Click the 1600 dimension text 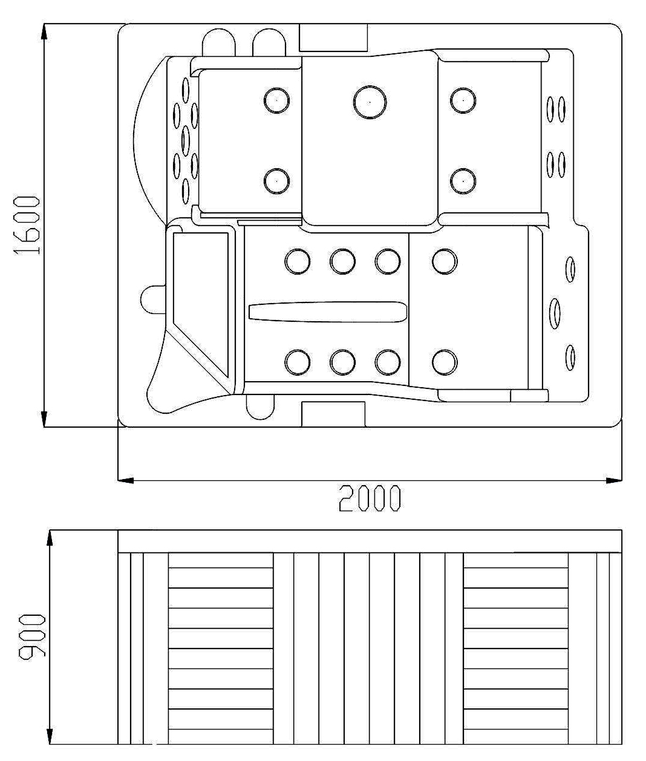26,225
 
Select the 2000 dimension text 369,498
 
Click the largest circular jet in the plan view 370,102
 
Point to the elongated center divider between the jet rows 328,312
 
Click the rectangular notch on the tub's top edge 333,38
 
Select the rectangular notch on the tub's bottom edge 333,414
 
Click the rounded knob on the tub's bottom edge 260,407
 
